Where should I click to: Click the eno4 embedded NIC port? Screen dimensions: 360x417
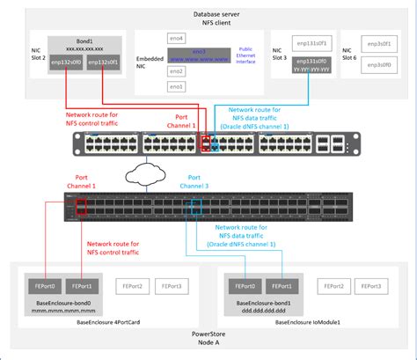(177, 39)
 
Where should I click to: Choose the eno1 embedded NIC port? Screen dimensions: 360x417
(177, 87)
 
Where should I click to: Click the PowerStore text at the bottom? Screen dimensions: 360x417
(208, 334)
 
